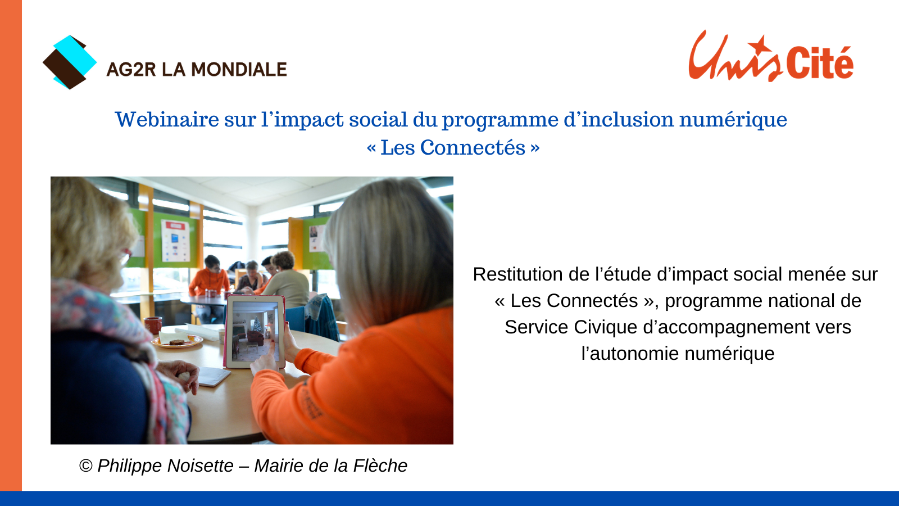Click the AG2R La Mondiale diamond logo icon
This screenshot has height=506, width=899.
(70, 62)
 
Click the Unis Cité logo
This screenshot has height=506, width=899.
(770, 56)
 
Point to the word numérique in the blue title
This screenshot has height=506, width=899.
(733, 120)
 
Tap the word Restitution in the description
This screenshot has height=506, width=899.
(517, 275)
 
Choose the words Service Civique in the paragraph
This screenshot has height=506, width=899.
(571, 327)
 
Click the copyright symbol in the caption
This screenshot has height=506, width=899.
(86, 466)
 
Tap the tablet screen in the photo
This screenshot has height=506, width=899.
(255, 331)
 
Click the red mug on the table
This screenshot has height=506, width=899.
(153, 325)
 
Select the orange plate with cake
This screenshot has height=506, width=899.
(177, 341)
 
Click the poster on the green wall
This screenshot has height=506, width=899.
(175, 241)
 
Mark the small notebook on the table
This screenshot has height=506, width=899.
(214, 376)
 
